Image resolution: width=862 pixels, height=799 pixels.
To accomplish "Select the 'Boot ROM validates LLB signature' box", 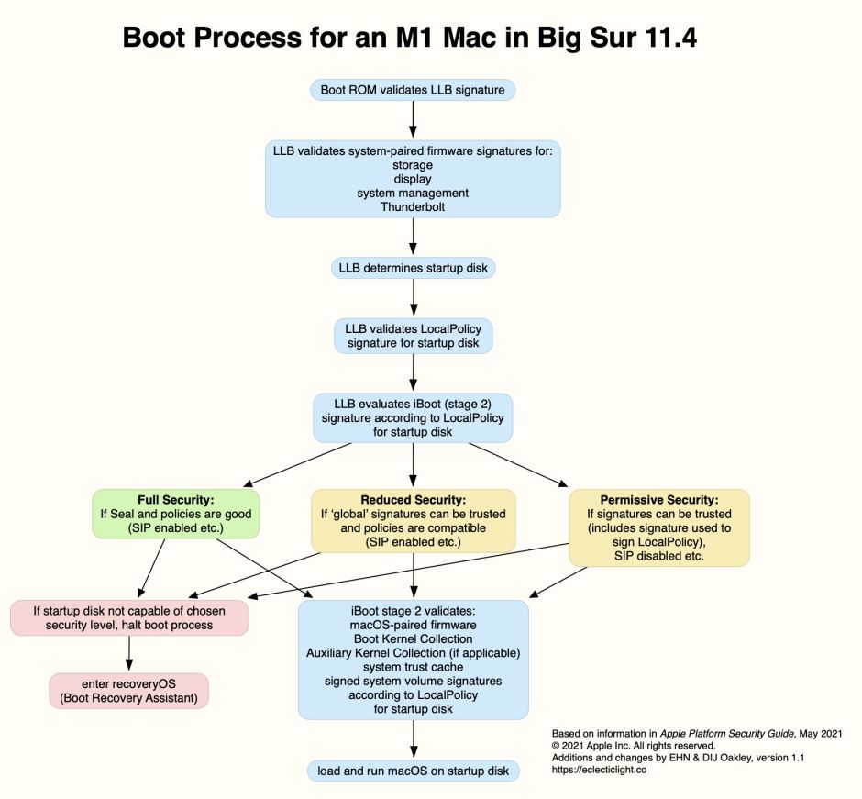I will [413, 90].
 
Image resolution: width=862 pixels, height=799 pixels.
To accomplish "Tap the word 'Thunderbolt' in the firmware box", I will [413, 207].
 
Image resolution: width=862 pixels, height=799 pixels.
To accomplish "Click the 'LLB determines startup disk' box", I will [413, 269].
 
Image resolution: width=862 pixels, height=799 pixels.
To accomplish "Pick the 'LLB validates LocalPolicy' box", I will [413, 336].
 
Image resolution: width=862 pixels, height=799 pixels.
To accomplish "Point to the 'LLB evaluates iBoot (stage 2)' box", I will [413, 416].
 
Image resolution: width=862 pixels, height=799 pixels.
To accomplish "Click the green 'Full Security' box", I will [175, 514].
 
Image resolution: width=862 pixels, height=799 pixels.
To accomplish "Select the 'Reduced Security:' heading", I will [413, 500].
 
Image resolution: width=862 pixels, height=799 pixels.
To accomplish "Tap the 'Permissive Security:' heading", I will [658, 500].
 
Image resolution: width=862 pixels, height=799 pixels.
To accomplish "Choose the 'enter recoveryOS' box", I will [128, 691].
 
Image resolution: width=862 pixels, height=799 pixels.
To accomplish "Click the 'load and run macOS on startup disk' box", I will [413, 771].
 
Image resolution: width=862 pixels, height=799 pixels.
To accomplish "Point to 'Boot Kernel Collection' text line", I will [413, 638].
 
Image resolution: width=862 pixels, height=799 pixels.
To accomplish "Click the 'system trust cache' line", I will [413, 667].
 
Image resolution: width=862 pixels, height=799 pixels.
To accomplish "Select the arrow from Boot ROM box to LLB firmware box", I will [413, 119].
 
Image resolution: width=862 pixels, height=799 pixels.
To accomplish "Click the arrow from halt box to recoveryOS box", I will [128, 653].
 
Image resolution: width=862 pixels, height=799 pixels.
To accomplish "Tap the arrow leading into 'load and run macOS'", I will [413, 738].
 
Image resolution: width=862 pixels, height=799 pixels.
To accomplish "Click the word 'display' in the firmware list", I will [413, 179].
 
